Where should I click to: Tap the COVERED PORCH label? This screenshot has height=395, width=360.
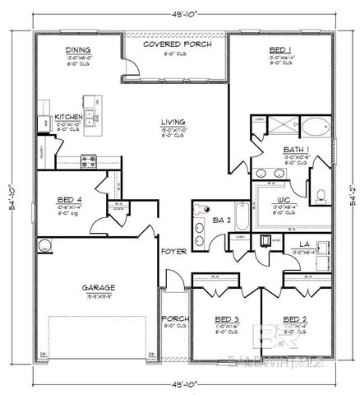(178, 44)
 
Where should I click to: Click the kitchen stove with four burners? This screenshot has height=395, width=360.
(87, 160)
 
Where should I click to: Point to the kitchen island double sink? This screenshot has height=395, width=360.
(92, 115)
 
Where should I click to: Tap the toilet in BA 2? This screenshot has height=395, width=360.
(200, 209)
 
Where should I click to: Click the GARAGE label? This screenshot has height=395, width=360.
(98, 287)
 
